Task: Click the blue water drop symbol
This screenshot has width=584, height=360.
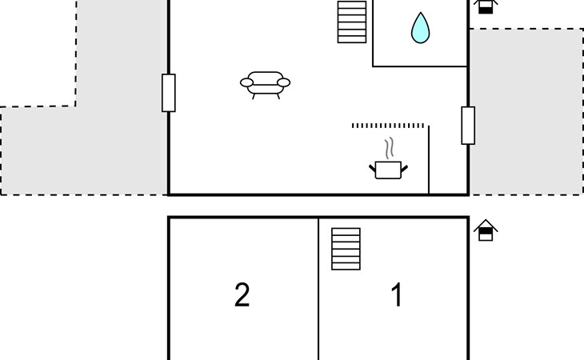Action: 421,28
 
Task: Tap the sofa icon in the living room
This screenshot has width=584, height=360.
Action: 265,86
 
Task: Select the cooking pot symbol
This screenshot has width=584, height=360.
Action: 389,170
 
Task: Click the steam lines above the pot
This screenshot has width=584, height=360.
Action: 390,148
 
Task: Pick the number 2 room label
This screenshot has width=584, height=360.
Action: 242,294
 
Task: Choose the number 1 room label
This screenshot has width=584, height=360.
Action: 397,294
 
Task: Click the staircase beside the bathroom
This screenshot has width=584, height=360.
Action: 352,22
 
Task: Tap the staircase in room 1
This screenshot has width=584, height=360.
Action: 346,249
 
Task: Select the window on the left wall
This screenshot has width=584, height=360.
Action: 169,93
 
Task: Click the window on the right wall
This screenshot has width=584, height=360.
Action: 468,126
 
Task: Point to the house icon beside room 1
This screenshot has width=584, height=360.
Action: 486,230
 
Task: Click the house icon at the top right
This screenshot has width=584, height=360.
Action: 486,6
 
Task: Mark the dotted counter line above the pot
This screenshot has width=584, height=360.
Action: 388,126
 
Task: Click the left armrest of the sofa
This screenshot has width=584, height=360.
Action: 246,82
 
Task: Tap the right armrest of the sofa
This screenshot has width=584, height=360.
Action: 284,82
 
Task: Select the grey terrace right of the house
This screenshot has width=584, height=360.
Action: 526,112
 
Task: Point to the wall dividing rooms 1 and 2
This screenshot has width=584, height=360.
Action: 318,289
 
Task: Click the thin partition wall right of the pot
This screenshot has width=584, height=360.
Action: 429,160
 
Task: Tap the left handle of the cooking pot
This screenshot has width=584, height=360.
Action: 373,168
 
